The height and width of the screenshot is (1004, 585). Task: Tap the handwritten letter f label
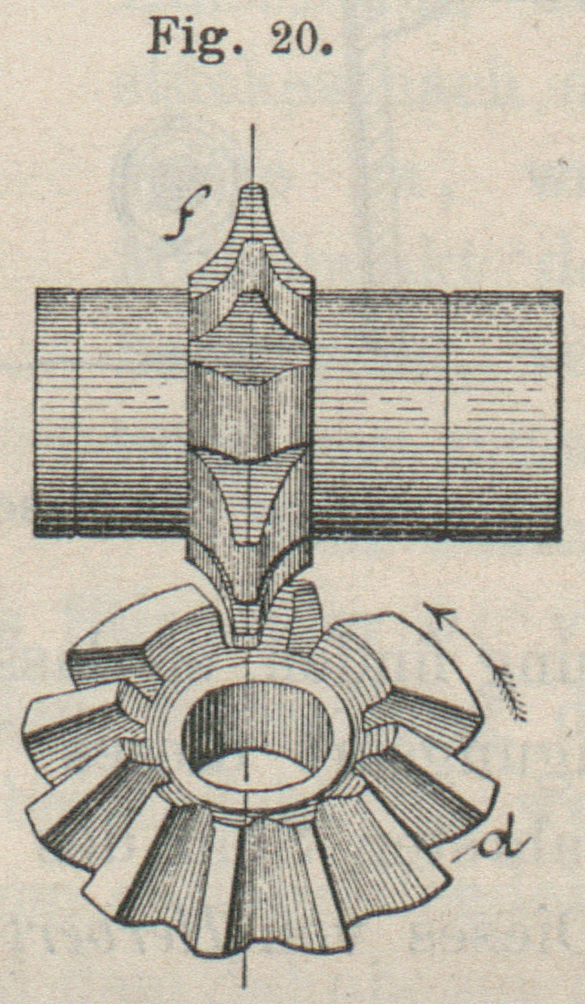187,212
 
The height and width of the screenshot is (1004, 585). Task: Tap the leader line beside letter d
474,852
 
